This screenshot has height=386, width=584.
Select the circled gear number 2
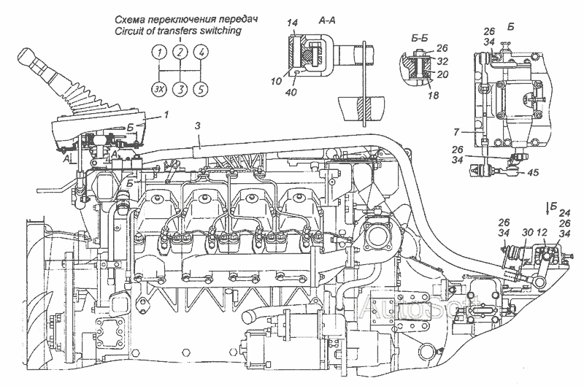[179, 52]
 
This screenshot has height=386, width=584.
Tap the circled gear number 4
[202, 52]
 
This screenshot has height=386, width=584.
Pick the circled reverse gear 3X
[158, 89]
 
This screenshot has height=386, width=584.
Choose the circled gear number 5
[202, 89]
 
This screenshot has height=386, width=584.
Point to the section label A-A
[327, 23]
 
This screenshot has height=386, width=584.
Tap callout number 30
[527, 232]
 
